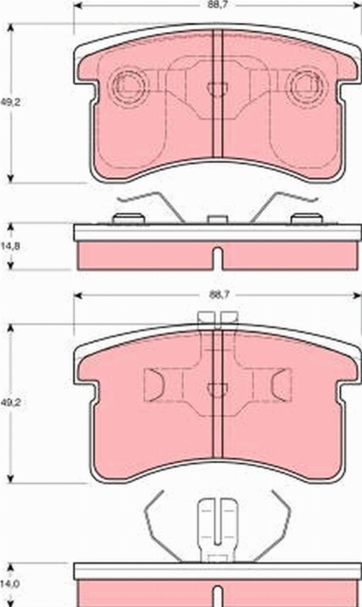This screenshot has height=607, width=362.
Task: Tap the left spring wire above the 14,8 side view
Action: pos(154,204)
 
